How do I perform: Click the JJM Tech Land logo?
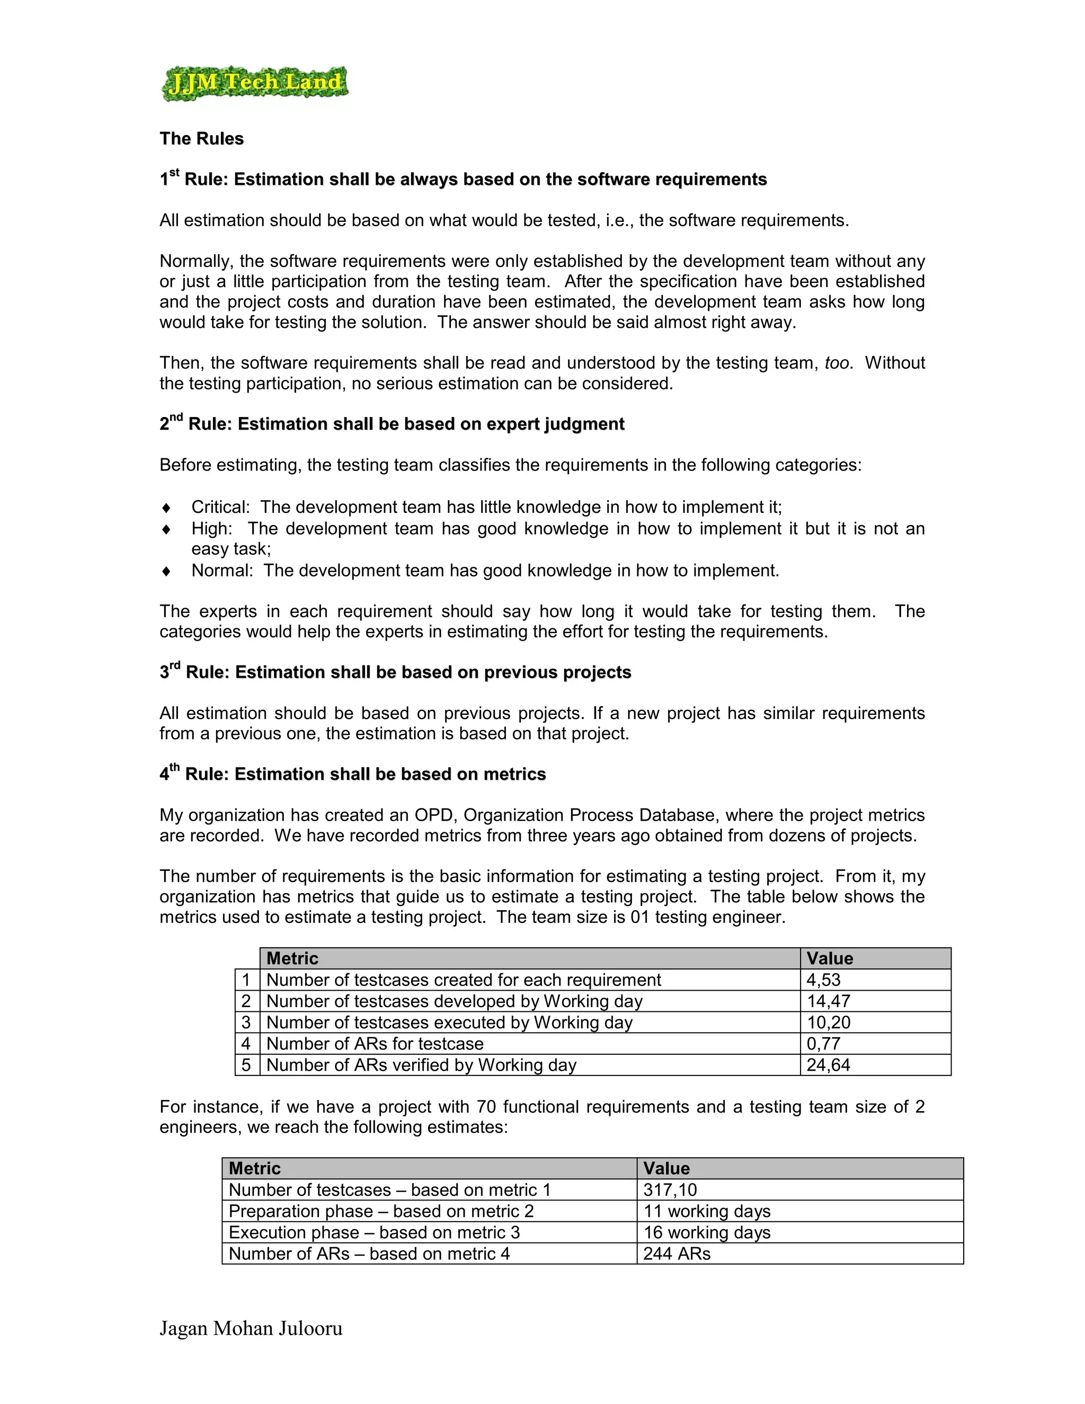(254, 84)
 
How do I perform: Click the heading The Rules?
(201, 139)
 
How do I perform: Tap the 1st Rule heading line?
(463, 180)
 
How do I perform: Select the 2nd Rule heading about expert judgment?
(392, 424)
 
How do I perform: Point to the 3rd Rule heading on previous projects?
(395, 672)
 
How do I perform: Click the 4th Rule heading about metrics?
(352, 774)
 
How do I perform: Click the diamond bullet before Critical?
(166, 508)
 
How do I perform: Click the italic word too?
(838, 363)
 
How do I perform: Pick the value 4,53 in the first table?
(823, 980)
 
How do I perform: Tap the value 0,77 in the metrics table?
(823, 1043)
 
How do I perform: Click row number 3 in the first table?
(246, 1022)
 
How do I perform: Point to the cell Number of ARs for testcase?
(375, 1043)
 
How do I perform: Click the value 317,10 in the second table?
(670, 1190)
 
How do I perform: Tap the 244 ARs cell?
(677, 1254)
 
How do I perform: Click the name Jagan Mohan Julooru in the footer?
(251, 1328)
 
